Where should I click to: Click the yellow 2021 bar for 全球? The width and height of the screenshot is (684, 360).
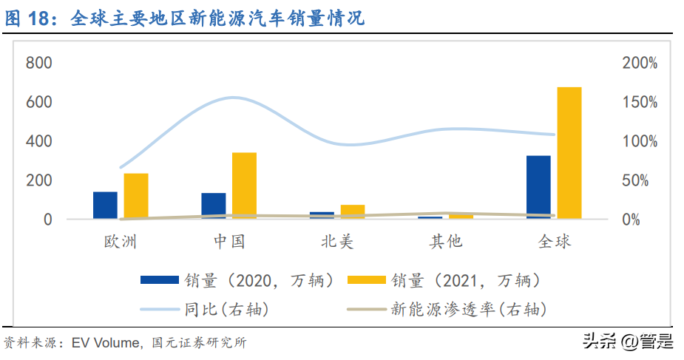pos(569,152)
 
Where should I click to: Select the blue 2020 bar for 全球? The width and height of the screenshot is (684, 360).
pos(538,187)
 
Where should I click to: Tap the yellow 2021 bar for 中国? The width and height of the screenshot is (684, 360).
pos(244,185)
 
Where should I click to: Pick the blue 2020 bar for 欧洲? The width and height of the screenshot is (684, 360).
pos(105,205)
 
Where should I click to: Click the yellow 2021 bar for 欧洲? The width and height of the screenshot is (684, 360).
pos(136,196)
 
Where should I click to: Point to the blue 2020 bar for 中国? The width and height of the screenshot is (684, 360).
pos(214,206)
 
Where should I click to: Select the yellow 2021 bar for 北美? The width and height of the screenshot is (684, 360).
pos(353,211)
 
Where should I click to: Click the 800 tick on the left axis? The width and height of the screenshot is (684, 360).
pos(38,64)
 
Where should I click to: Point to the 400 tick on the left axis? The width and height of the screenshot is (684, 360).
pos(38,141)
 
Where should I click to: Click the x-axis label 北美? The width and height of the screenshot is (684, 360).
pos(337,242)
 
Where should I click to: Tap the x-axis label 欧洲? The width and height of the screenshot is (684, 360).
pos(120,242)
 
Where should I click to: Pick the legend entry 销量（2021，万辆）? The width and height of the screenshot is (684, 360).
pos(466,281)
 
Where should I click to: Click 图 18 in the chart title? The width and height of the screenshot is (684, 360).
pos(32,18)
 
